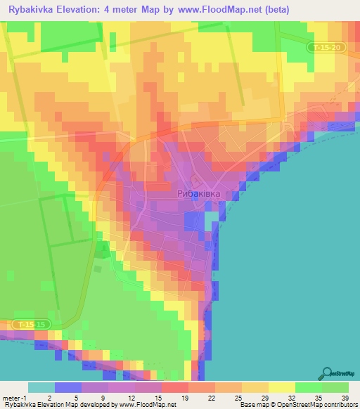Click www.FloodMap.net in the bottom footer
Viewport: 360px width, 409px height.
coord(148,405)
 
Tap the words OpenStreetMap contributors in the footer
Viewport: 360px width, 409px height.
coord(317,405)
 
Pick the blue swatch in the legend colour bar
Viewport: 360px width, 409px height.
coord(68,387)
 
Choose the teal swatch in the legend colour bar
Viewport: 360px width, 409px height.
coord(41,387)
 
